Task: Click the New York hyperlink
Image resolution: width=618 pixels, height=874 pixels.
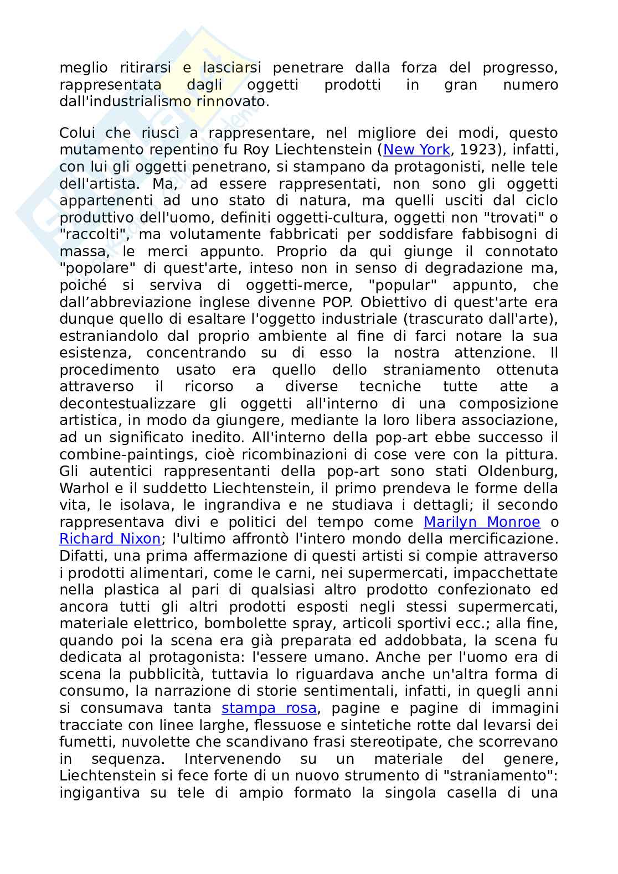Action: point(416,150)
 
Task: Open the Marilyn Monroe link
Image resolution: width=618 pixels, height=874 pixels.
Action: point(481,522)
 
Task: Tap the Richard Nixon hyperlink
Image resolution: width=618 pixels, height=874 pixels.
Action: point(110,539)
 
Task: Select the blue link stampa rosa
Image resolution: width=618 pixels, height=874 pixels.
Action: point(269,708)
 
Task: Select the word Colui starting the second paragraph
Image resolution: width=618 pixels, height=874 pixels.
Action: point(78,133)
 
